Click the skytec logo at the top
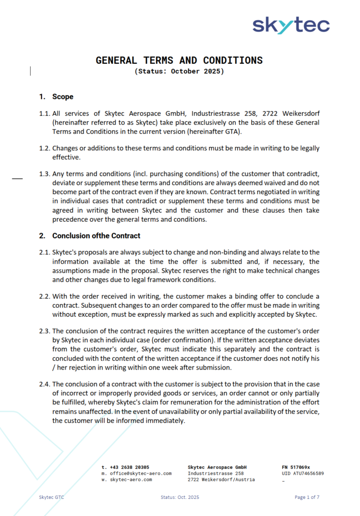(x=291, y=25)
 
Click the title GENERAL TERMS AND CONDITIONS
(x=179, y=61)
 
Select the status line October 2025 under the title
(x=179, y=71)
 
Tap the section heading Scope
(x=63, y=97)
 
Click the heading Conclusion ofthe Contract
(x=96, y=235)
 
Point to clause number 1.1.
(x=44, y=113)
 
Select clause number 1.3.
(x=44, y=174)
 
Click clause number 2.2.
(x=44, y=296)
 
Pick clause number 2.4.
(x=44, y=384)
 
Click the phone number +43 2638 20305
(x=130, y=467)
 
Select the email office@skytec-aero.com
(x=140, y=473)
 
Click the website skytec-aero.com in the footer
(x=131, y=479)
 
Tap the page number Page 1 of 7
(x=307, y=497)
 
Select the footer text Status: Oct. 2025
(x=180, y=497)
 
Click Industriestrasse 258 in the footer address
(x=216, y=473)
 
